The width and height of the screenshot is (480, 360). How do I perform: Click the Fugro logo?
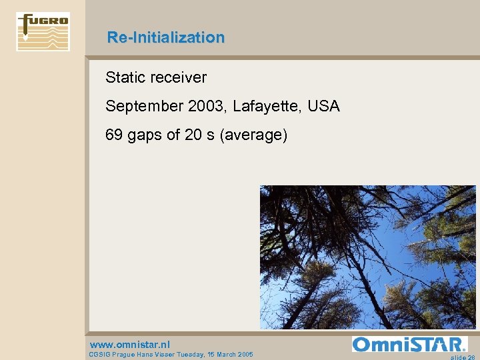point(43,31)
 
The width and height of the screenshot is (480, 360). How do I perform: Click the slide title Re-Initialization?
point(166,37)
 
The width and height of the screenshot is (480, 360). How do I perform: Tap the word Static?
point(125,77)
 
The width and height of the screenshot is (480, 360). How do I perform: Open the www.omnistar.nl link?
point(130,345)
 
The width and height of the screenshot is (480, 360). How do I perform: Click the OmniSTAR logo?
point(409,344)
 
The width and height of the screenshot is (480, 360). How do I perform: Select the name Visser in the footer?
point(167,355)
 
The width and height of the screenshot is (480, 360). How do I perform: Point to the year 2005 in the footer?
point(245,355)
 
